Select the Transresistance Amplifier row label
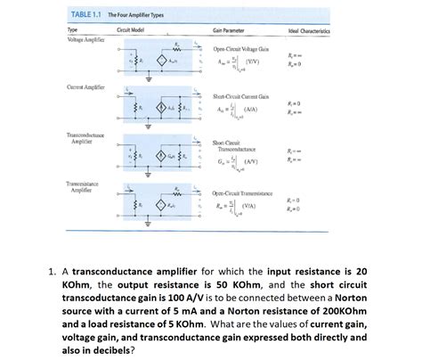click(85, 186)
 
